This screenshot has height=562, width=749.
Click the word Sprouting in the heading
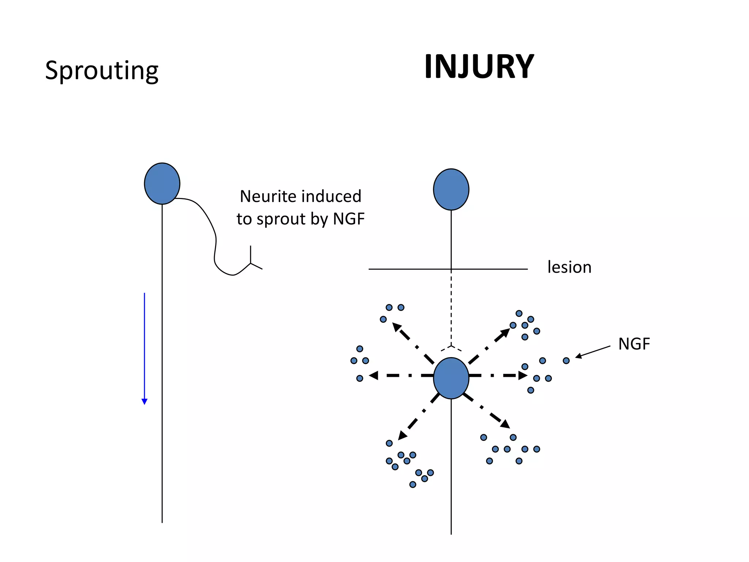click(102, 70)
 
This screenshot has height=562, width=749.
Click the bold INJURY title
click(479, 67)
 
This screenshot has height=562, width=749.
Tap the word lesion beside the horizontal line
click(569, 267)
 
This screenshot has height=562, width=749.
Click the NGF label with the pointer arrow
click(634, 344)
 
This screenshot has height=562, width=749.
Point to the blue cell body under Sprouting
click(162, 183)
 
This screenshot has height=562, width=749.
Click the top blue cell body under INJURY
click(451, 189)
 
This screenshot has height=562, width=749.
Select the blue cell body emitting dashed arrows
click(451, 378)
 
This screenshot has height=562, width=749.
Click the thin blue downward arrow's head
click(144, 401)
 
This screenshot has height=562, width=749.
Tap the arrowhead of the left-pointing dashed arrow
click(373, 375)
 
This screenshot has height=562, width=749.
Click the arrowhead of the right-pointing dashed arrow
click(523, 375)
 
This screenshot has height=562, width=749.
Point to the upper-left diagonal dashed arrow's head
click(396, 326)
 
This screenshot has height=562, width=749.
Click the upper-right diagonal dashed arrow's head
click(505, 332)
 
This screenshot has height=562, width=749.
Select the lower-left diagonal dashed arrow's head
click(402, 435)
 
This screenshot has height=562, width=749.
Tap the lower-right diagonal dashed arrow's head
click(505, 424)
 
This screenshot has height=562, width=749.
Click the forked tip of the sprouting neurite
click(251, 263)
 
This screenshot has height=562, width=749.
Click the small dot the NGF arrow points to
click(566, 361)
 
